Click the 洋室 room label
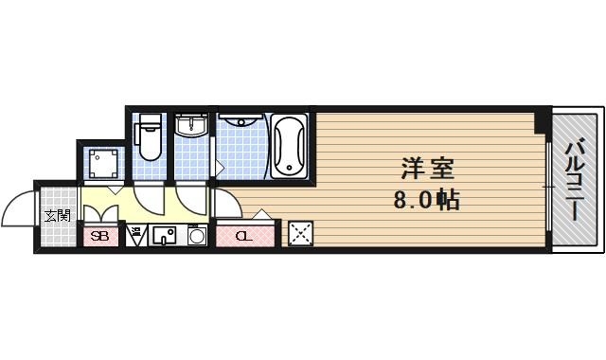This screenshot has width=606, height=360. coord(428,171)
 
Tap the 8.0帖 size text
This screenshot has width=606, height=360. coord(428,200)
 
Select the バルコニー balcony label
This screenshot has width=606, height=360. coord(574,180)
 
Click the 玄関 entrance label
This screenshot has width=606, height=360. coord(57,215)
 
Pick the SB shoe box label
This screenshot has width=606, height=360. coord(99,236)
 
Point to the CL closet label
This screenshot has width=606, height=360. coord(241,236)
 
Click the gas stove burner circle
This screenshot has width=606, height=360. coord(197,236)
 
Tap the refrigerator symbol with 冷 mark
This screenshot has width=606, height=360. coord(136,234)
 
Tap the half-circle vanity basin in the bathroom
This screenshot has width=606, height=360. coord(241,120)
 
